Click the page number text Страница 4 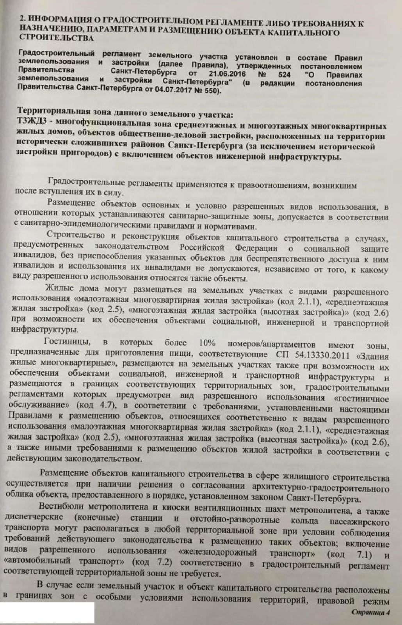(x=370, y=612)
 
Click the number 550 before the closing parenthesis (x=211, y=92)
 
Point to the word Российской (x=201, y=247)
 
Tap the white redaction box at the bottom (x=47, y=613)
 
